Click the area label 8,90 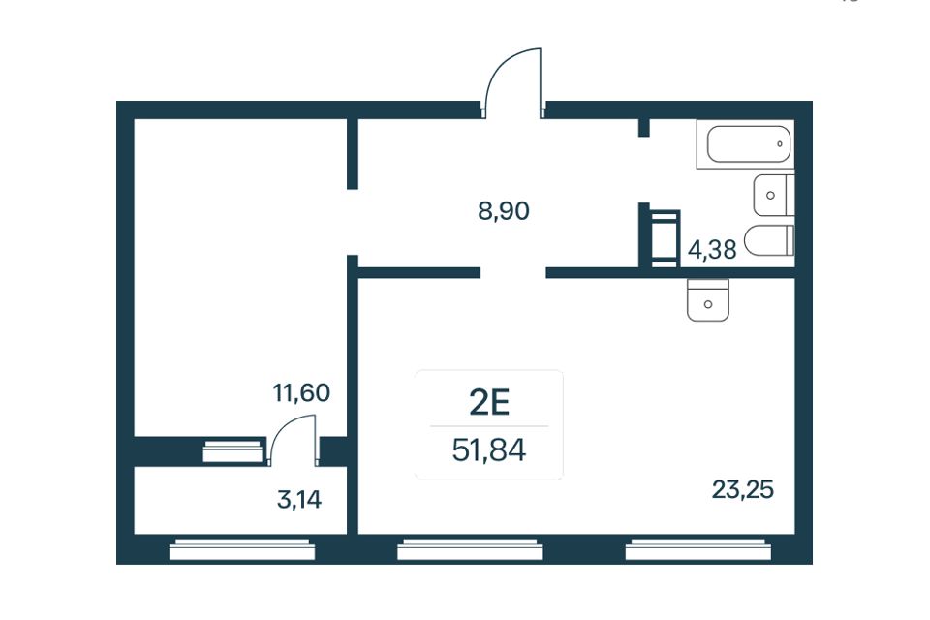(x=504, y=211)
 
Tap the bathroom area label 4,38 (x=712, y=250)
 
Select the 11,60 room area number (x=301, y=392)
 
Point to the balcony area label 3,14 (x=299, y=500)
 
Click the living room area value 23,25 (x=743, y=490)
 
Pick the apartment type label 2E (x=489, y=403)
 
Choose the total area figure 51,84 (x=488, y=450)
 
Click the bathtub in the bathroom (x=745, y=144)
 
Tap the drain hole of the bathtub (x=779, y=144)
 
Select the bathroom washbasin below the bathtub (x=773, y=195)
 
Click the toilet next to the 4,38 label (x=768, y=240)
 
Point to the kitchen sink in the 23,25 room (x=707, y=300)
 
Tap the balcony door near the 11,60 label (x=293, y=438)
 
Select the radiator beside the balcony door (x=232, y=450)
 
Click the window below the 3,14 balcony (x=242, y=549)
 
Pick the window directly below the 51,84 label (x=470, y=549)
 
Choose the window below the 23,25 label (x=698, y=549)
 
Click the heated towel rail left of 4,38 (x=666, y=238)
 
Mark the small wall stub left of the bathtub (x=644, y=128)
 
